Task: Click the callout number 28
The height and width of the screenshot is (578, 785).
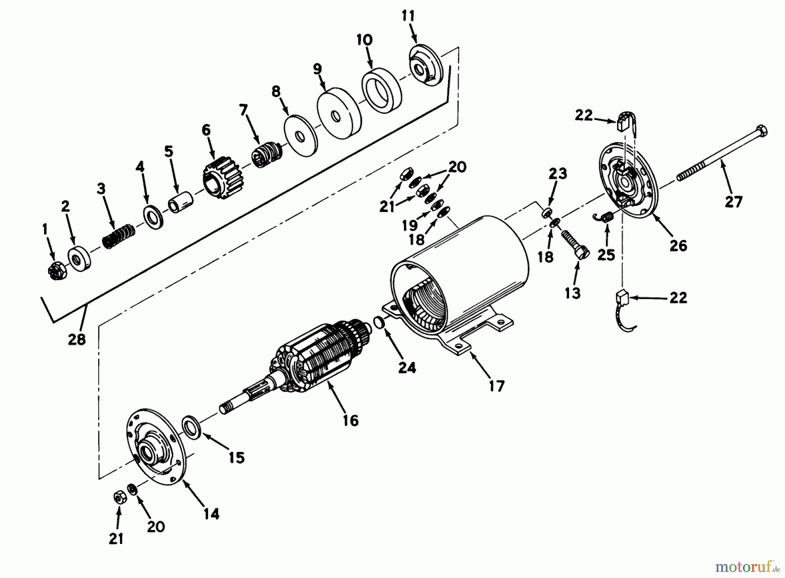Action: click(77, 339)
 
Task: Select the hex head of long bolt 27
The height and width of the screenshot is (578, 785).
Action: click(761, 131)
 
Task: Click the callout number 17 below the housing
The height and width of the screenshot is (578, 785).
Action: click(497, 386)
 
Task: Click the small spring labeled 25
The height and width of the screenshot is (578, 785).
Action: click(605, 216)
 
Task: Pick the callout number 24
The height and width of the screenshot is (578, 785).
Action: click(407, 367)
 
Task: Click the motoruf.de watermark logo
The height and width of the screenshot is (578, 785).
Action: click(746, 567)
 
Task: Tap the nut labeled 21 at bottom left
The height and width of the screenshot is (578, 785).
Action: click(119, 497)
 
